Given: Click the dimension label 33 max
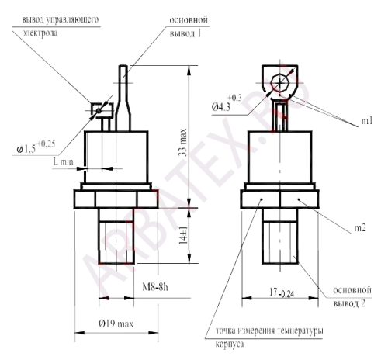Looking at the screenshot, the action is [x=182, y=142].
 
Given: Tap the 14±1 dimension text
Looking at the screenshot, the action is [x=183, y=236].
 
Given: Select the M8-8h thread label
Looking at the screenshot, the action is [x=154, y=287].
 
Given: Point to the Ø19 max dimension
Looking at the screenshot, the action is [x=116, y=324].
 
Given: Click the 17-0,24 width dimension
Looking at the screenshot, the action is [x=282, y=292].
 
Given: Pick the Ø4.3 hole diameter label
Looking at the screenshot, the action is [x=227, y=102].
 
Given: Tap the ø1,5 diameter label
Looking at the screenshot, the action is [x=36, y=147].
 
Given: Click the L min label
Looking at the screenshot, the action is [x=63, y=162].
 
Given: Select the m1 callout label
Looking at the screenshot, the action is [x=367, y=121].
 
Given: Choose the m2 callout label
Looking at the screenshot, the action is [x=360, y=228].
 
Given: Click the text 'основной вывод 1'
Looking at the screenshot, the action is [x=189, y=26].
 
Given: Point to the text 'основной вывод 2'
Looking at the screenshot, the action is [x=352, y=296].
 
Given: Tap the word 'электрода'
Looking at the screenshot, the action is [x=40, y=33].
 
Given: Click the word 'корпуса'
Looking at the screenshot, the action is [x=230, y=344].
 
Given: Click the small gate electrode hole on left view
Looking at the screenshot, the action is [x=99, y=111].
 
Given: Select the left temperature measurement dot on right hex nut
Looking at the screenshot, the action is [x=262, y=199].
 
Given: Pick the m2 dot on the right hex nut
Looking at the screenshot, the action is [x=299, y=199].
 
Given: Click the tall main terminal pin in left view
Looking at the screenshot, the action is [x=123, y=99].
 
